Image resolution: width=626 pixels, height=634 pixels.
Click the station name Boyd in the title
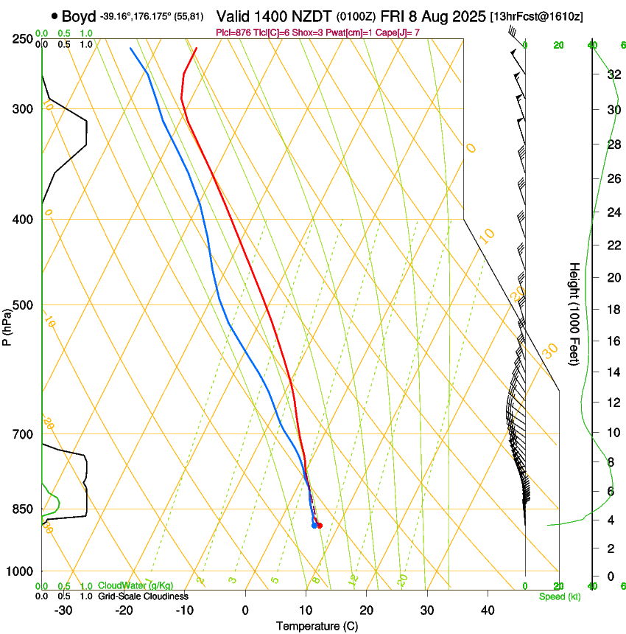pos(79,16)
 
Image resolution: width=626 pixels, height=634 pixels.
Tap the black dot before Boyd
pos(54,16)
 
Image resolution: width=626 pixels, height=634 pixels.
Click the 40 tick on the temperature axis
pos(487,610)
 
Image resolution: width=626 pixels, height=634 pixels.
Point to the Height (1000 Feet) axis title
pos(574,313)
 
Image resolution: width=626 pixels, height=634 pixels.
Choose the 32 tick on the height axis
pos(612,74)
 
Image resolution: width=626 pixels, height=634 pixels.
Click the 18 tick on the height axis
pos(612,310)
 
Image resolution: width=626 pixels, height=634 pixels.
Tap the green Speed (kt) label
pos(559,596)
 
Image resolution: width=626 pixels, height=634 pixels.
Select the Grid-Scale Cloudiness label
pos(143,596)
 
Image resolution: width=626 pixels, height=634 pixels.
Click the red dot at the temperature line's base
pos(319,525)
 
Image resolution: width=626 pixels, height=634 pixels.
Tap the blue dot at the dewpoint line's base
pos(314,526)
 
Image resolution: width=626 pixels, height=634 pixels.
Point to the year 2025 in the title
pos(467,16)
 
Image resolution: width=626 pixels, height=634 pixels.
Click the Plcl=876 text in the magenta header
pos(234,32)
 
